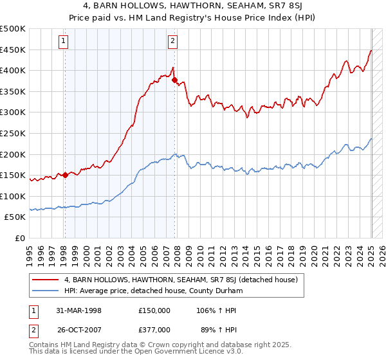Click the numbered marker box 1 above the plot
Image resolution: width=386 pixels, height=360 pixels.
pyautogui.click(x=64, y=42)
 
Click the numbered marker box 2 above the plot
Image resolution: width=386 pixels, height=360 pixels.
pyautogui.click(x=173, y=42)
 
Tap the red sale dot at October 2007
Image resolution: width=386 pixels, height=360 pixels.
pyautogui.click(x=174, y=80)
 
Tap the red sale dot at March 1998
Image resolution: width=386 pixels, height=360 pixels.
pyautogui.click(x=65, y=175)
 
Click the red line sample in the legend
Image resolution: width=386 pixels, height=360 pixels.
pyautogui.click(x=46, y=280)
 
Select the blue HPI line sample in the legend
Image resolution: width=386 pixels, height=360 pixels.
pyautogui.click(x=46, y=292)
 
